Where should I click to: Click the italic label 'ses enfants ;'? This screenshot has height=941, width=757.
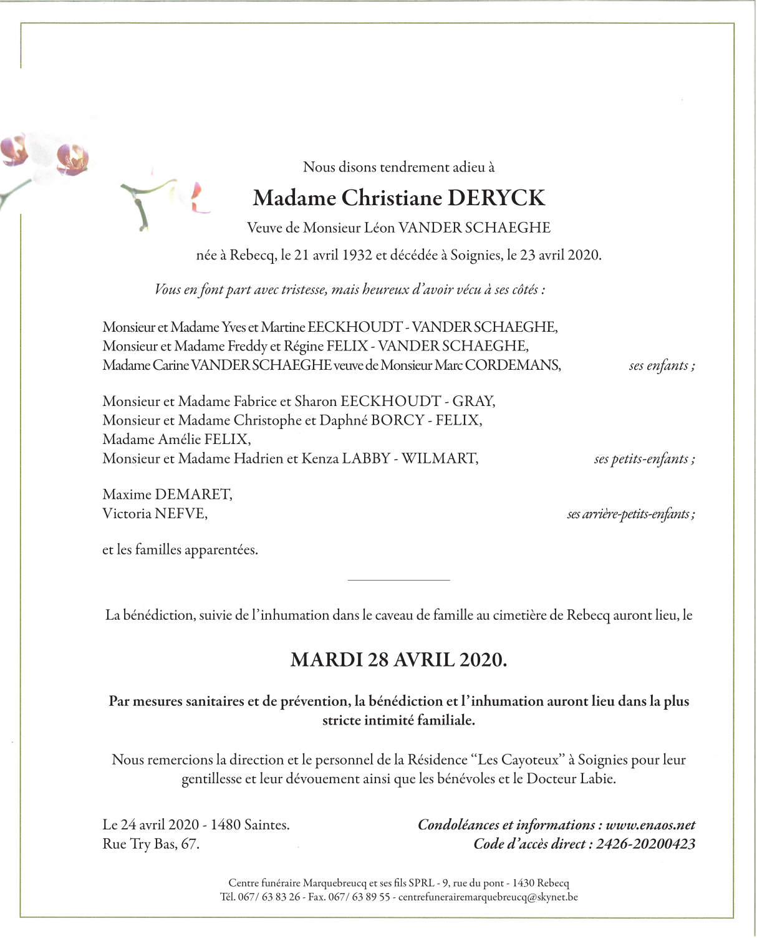coord(662,365)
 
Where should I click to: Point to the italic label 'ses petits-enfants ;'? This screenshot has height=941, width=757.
coord(644,459)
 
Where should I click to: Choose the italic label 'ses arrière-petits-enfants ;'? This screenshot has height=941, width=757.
coord(630,514)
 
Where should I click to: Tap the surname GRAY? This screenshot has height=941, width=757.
coord(473,402)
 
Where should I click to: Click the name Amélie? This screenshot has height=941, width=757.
coord(181,440)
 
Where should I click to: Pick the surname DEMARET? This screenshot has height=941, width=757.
coord(193,495)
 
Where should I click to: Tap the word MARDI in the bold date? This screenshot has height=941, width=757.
coord(326,660)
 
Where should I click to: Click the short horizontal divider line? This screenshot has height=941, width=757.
coord(398,581)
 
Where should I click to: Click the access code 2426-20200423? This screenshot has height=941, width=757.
coord(645,844)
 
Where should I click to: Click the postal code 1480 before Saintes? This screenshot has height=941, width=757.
coord(225,825)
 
